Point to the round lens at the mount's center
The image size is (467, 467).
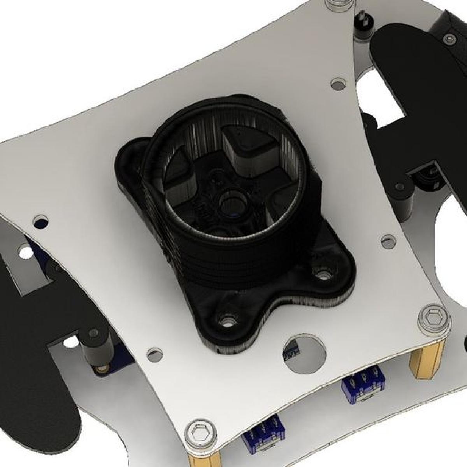coord(231,205)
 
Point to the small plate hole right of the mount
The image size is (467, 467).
coord(387,239)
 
